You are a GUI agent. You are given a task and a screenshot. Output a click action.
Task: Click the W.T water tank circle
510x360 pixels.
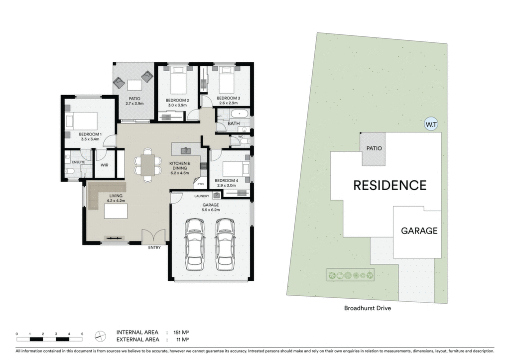(x=431, y=124)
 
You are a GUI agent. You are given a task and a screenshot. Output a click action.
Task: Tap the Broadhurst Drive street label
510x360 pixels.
(x=368, y=308)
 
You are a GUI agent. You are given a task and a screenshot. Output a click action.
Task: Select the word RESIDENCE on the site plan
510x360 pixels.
(x=390, y=185)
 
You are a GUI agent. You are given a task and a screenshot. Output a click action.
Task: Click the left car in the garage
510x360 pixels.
(x=195, y=244)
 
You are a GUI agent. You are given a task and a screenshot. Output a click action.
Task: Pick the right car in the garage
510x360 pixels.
(x=225, y=244)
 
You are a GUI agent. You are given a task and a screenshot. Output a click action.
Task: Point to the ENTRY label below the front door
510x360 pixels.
(x=154, y=247)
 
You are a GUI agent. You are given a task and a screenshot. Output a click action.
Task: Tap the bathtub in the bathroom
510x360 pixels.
(x=240, y=114)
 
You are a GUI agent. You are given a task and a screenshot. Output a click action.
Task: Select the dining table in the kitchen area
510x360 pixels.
(x=148, y=165)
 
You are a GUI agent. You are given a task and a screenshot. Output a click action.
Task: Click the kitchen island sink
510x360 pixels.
(x=186, y=151)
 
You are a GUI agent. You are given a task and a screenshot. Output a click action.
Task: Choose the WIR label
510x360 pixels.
(x=105, y=165)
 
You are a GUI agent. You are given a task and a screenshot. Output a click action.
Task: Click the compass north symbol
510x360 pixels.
(x=101, y=336)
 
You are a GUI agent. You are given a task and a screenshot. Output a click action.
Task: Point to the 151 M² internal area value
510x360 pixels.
(x=181, y=332)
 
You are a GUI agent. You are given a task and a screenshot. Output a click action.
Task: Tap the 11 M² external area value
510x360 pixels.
(x=182, y=340)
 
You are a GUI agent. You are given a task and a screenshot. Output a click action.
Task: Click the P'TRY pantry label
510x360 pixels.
(x=201, y=184)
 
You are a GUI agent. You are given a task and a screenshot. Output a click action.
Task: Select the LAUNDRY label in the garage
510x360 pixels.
(x=202, y=196)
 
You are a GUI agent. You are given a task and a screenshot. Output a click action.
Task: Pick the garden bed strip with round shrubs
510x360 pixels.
(x=350, y=275)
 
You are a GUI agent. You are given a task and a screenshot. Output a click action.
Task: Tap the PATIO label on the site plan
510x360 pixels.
(x=374, y=148)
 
